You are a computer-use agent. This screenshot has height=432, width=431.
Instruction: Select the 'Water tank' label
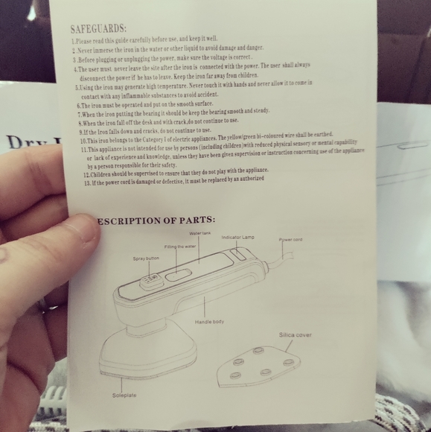200,233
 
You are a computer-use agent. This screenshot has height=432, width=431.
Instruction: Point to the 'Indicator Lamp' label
238,237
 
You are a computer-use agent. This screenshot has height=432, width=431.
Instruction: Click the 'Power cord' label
291,240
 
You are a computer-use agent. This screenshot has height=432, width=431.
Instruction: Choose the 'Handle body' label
209,322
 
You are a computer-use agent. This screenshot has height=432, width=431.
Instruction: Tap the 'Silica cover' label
295,335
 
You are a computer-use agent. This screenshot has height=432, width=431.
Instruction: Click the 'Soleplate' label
124,395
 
